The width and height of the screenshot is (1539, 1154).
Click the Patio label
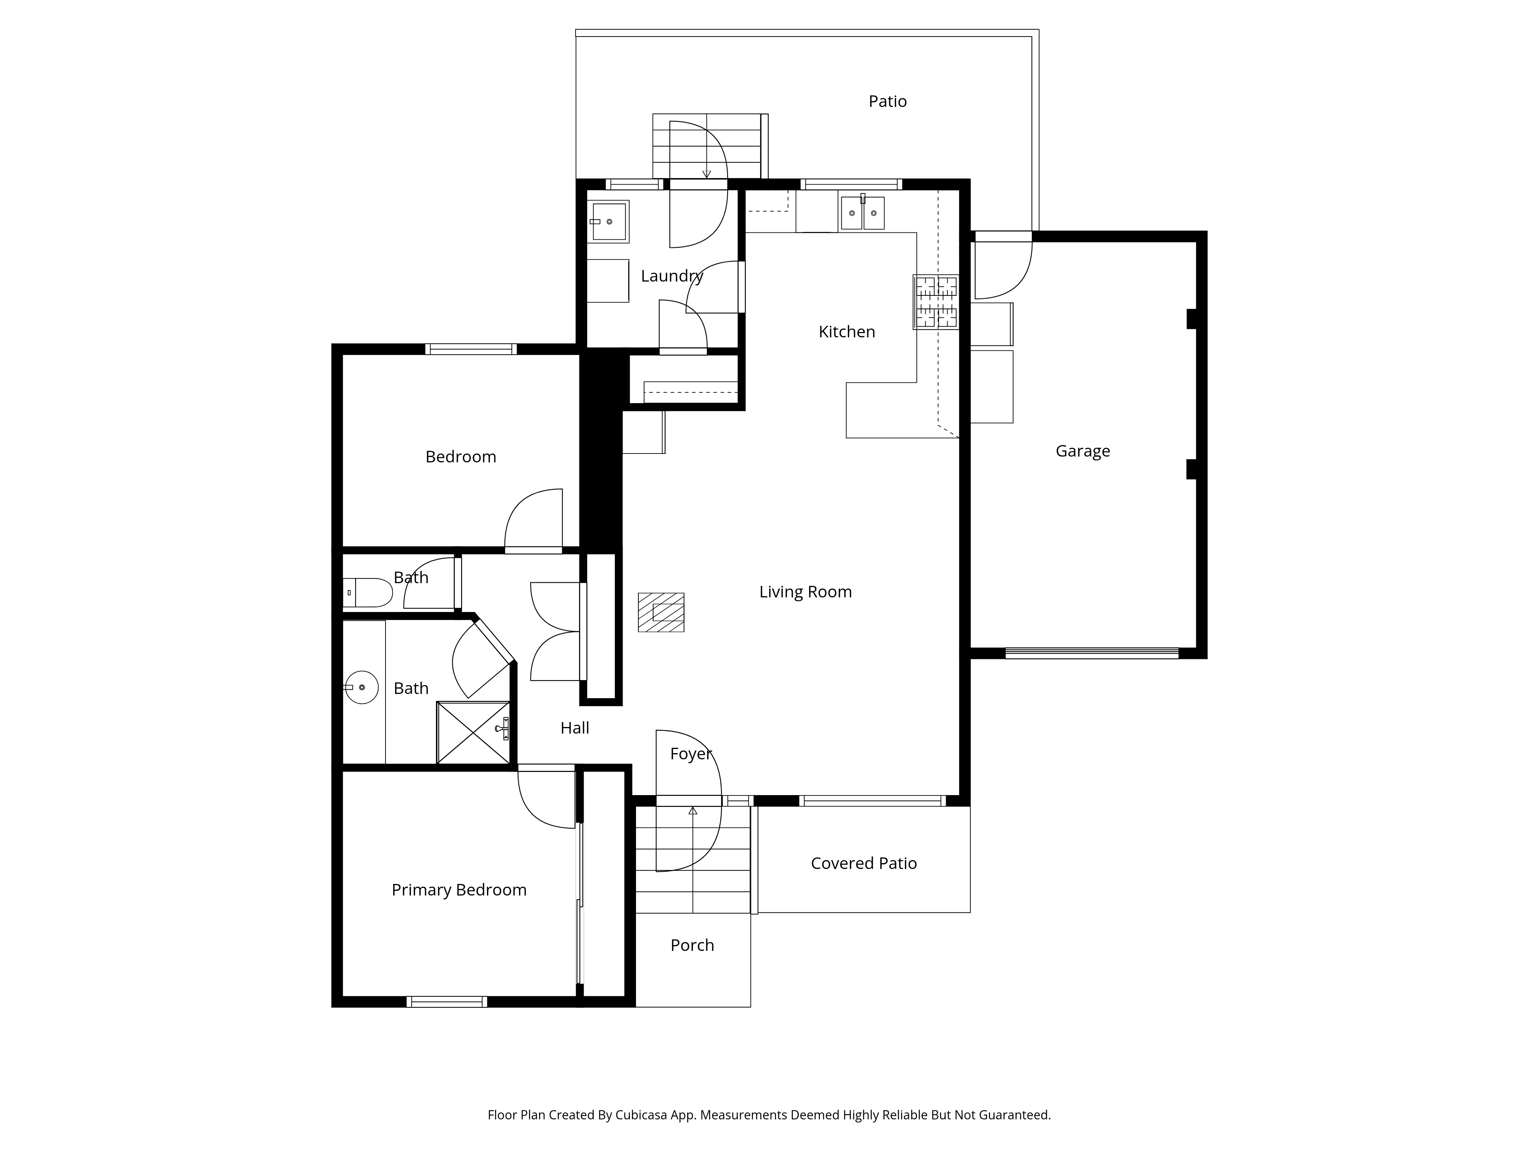pos(887,102)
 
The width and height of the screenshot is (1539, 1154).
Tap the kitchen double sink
pos(862,213)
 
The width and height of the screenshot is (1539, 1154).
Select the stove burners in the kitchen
pos(936,302)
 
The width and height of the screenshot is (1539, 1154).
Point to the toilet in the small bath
pos(369,593)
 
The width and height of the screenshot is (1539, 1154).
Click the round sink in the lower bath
pos(362,687)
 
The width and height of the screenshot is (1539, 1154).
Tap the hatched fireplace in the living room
pos(661,612)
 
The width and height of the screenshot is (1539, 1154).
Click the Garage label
pos(1083,452)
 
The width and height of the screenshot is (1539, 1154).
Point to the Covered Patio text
pos(863,863)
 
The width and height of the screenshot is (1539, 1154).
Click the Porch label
pos(692,946)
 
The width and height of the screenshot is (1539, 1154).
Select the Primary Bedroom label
pos(459,891)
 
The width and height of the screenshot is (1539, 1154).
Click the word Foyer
pos(690,754)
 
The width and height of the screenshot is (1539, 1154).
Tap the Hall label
pos(575,728)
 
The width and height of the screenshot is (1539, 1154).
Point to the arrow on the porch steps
pos(692,811)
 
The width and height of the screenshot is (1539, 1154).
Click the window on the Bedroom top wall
pos(471,349)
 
